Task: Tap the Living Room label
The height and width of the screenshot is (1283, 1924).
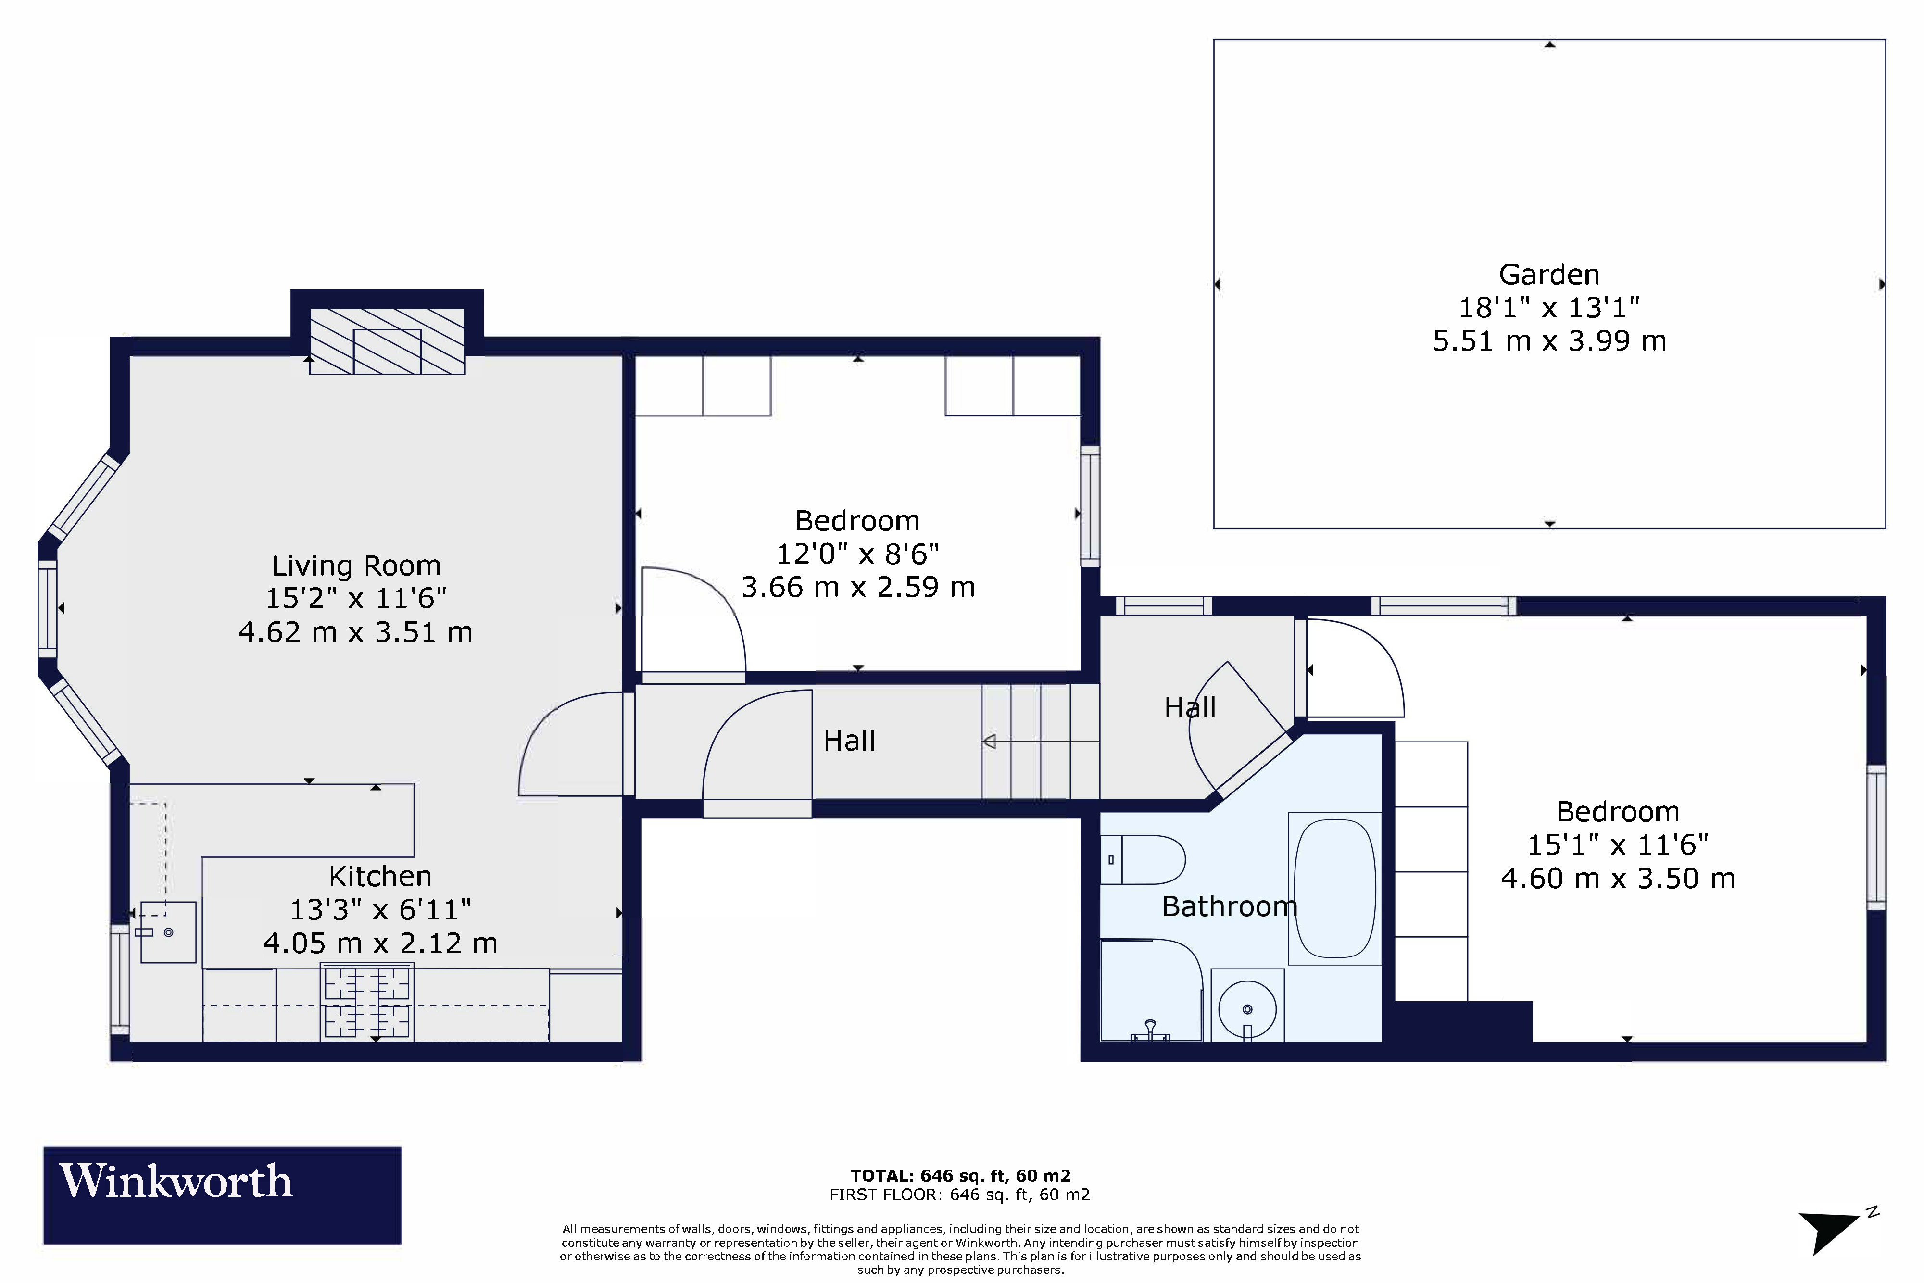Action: click(356, 566)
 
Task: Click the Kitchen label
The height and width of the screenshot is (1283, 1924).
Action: click(379, 876)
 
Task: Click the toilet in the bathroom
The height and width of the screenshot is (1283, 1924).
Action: click(1143, 860)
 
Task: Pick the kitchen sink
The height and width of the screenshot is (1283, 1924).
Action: click(168, 932)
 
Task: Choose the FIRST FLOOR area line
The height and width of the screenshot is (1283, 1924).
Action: click(959, 1195)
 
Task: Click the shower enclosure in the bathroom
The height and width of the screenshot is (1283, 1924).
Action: click(1151, 990)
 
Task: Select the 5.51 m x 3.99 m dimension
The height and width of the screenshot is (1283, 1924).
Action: click(1549, 340)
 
